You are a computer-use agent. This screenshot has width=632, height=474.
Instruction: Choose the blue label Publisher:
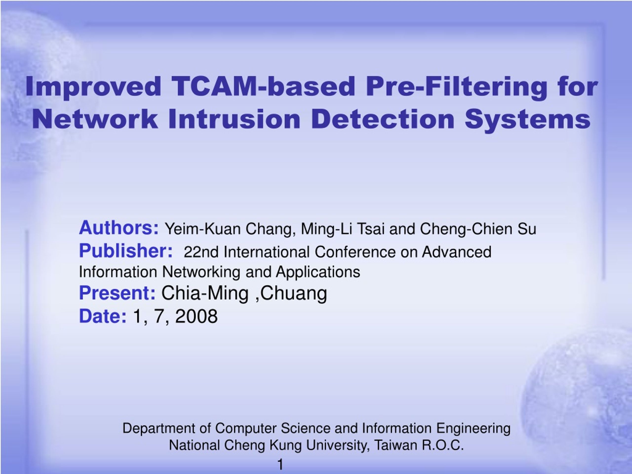point(126,251)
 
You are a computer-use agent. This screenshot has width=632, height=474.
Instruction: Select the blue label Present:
point(118,293)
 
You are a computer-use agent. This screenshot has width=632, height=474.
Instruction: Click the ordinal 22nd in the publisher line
point(201,252)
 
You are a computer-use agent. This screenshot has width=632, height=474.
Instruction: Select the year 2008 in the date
point(197,316)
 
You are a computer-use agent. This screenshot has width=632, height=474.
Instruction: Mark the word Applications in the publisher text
point(318,272)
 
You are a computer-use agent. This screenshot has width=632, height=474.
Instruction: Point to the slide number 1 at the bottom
point(280,465)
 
